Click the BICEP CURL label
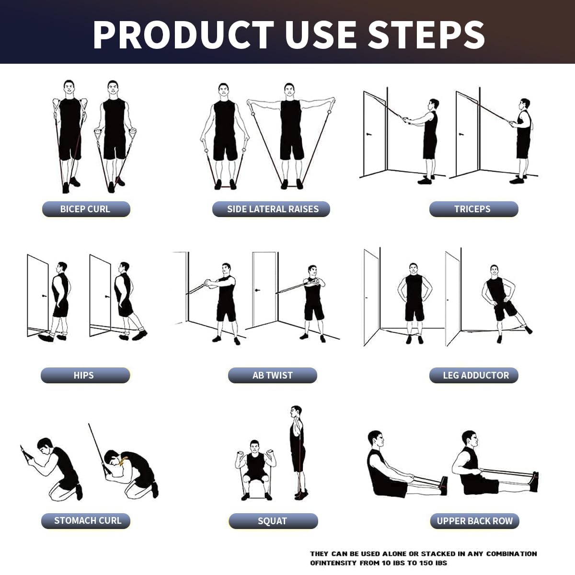pos(85,209)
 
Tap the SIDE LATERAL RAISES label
pos(272,209)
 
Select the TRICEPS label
pos(473,209)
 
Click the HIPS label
pos(84,375)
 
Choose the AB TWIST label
pos(272,375)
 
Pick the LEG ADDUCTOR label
pos(474,375)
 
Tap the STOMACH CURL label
pos(86,520)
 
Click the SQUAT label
pos(272,521)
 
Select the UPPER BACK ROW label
pos(474,521)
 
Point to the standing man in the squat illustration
pos(297,450)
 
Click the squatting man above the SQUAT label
pos(254,467)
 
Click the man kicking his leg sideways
pos(501,302)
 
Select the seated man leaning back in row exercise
pos(388,467)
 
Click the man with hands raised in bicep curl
pos(70,132)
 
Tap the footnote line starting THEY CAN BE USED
pos(424,553)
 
